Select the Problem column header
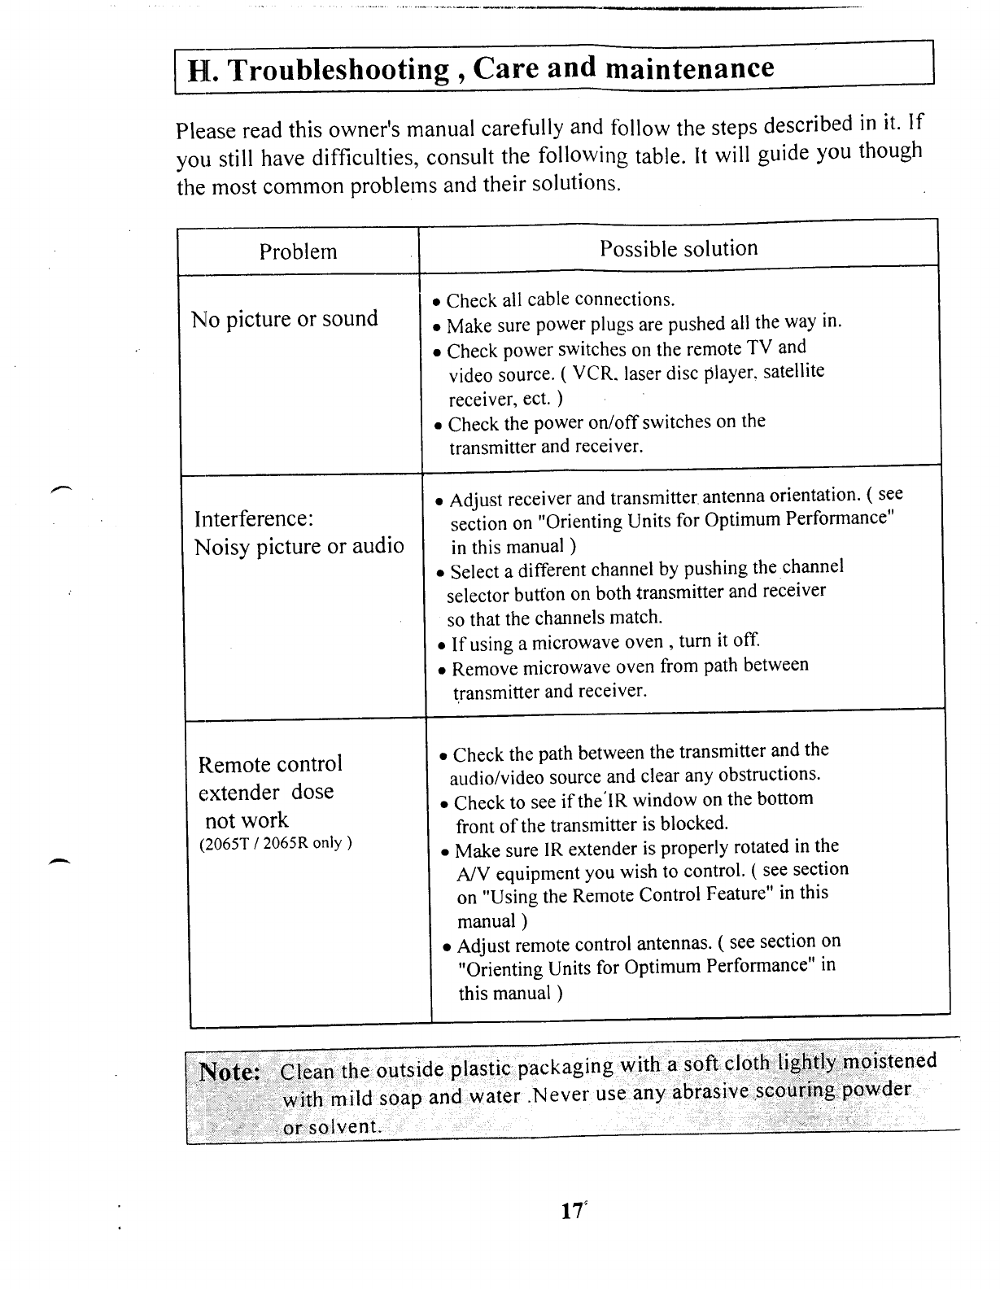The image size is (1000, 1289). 298,251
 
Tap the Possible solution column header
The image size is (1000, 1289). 679,248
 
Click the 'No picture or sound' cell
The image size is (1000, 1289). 285,318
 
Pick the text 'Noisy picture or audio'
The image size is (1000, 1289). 299,546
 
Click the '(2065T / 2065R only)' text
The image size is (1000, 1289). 275,843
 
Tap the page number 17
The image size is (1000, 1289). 571,1211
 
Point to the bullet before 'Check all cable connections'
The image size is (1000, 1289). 437,303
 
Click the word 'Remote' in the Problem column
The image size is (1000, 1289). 234,765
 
